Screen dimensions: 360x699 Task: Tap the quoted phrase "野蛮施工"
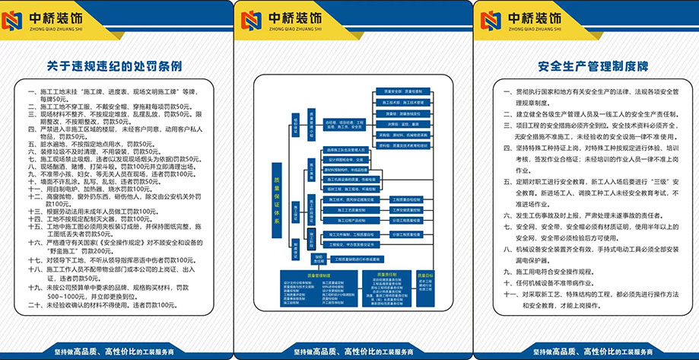pyautogui.click(x=62, y=250)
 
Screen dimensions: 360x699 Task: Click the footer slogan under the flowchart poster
pyautogui.click(x=348, y=352)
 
